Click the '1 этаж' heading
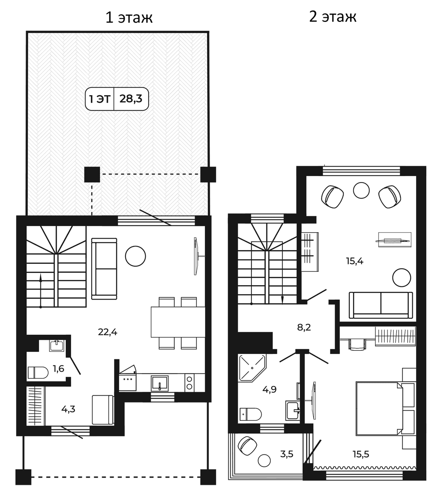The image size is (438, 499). tap(129, 18)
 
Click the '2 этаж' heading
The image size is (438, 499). tap(333, 17)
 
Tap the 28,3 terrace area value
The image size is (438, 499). tap(131, 99)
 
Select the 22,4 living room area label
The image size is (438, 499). tap(108, 333)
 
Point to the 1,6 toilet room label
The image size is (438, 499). tap(58, 369)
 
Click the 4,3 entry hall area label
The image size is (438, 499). tap(68, 409)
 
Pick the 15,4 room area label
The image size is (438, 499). tap(354, 261)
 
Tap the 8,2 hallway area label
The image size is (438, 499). tap(304, 327)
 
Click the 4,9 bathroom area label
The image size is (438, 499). tap(269, 389)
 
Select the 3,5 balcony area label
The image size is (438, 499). tap(287, 454)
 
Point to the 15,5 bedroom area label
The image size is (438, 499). tap(361, 454)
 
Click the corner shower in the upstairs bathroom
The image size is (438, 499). tap(252, 368)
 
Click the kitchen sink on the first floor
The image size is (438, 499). tap(160, 383)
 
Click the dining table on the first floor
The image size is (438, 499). tap(178, 322)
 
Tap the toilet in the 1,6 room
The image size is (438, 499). tap(38, 373)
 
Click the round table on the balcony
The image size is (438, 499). tap(264, 460)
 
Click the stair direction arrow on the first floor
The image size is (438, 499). tap(41, 291)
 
